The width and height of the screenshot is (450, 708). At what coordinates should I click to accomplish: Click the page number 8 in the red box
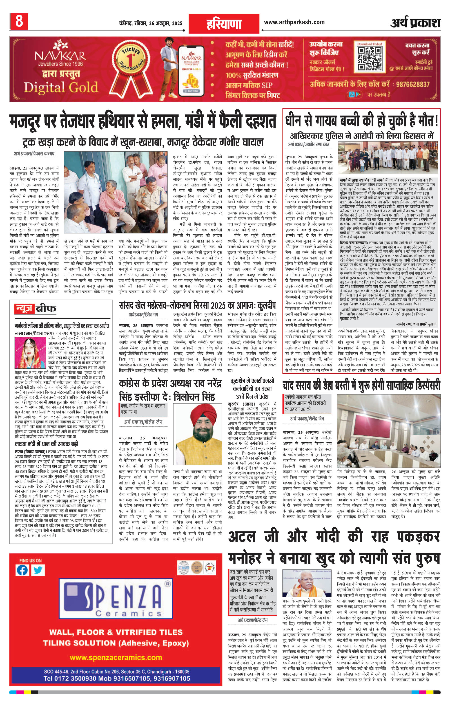point(19,21)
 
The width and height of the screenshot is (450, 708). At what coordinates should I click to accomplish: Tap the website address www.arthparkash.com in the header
point(294,22)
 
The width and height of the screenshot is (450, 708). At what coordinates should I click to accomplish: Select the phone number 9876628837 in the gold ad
point(413,84)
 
